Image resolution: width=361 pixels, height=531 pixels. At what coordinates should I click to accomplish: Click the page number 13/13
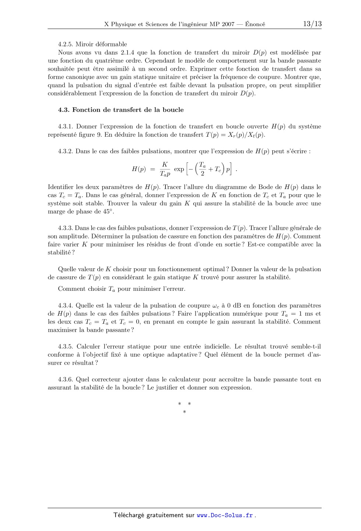click(x=312, y=24)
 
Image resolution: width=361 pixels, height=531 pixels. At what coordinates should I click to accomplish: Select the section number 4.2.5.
click(x=65, y=44)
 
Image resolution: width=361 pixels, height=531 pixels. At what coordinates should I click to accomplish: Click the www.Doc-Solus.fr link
click(x=225, y=515)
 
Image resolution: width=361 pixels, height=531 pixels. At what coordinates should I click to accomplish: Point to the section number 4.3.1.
click(x=65, y=126)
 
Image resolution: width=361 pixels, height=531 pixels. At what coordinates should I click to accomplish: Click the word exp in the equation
click(x=179, y=169)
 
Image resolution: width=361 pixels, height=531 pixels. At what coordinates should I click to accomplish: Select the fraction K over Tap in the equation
click(x=165, y=169)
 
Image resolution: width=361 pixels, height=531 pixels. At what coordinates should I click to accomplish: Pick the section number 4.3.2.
click(x=65, y=151)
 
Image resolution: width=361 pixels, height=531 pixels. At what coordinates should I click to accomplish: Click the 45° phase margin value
click(x=108, y=212)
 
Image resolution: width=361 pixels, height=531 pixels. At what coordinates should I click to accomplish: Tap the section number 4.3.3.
click(x=65, y=228)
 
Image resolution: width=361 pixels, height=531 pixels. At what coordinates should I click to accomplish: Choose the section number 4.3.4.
click(x=65, y=305)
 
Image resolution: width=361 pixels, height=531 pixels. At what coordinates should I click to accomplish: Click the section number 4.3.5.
click(x=65, y=346)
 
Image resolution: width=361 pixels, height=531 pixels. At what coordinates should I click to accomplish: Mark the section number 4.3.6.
click(x=65, y=379)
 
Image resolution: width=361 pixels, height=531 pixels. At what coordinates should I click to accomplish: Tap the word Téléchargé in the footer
click(x=129, y=515)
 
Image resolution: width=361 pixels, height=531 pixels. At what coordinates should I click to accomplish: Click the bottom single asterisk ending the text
click(x=184, y=412)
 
